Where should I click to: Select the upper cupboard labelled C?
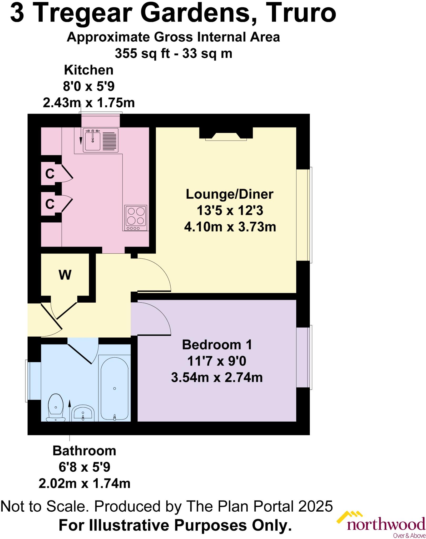(50, 174)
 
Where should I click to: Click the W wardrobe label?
(65, 275)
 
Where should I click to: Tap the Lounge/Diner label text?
(230, 194)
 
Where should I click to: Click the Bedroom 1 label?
(217, 345)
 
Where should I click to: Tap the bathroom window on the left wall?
(33, 381)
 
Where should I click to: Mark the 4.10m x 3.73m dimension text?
(230, 227)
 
